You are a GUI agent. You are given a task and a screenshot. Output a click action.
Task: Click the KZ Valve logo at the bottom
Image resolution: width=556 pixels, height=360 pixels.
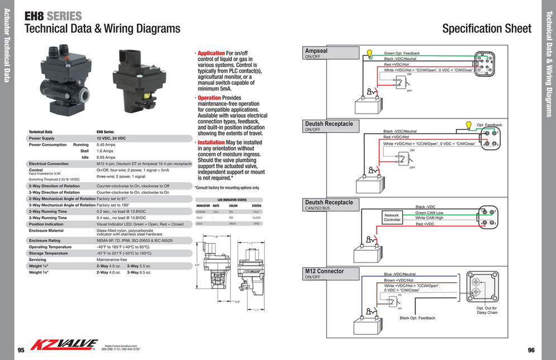click(x=63, y=346)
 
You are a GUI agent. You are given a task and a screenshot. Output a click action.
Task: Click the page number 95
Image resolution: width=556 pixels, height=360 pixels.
click(x=21, y=350)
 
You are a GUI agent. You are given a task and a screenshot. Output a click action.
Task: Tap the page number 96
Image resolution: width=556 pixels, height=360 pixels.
click(x=531, y=350)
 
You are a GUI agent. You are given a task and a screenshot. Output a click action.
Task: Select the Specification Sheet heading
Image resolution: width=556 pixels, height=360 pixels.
click(x=486, y=29)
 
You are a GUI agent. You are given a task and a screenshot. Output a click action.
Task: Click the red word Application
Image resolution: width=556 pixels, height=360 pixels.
click(x=211, y=53)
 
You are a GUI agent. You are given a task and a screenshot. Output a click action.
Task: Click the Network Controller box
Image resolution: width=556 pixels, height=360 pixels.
click(x=392, y=217)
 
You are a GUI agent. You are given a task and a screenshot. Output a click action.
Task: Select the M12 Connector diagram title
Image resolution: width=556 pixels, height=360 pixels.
click(x=324, y=272)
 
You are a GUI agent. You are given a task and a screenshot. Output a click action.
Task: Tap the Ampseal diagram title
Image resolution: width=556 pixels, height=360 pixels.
click(x=316, y=51)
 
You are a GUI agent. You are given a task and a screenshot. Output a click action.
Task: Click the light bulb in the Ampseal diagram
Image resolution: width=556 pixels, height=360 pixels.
click(x=369, y=54)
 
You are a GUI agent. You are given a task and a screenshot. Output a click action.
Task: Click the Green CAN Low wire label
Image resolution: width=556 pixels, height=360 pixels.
click(x=429, y=213)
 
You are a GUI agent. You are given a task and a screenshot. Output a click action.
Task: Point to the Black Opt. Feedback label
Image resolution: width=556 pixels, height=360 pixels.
click(x=417, y=318)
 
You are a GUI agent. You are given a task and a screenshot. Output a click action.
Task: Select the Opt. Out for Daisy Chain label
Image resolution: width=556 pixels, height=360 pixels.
click(x=487, y=310)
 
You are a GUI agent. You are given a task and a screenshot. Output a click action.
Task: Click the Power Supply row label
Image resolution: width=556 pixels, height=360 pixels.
click(x=41, y=138)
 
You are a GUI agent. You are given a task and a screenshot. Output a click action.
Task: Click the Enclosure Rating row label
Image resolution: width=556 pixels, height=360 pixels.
click(x=47, y=240)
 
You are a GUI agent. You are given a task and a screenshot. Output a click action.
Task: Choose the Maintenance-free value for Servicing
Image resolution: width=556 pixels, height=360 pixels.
click(x=112, y=259)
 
